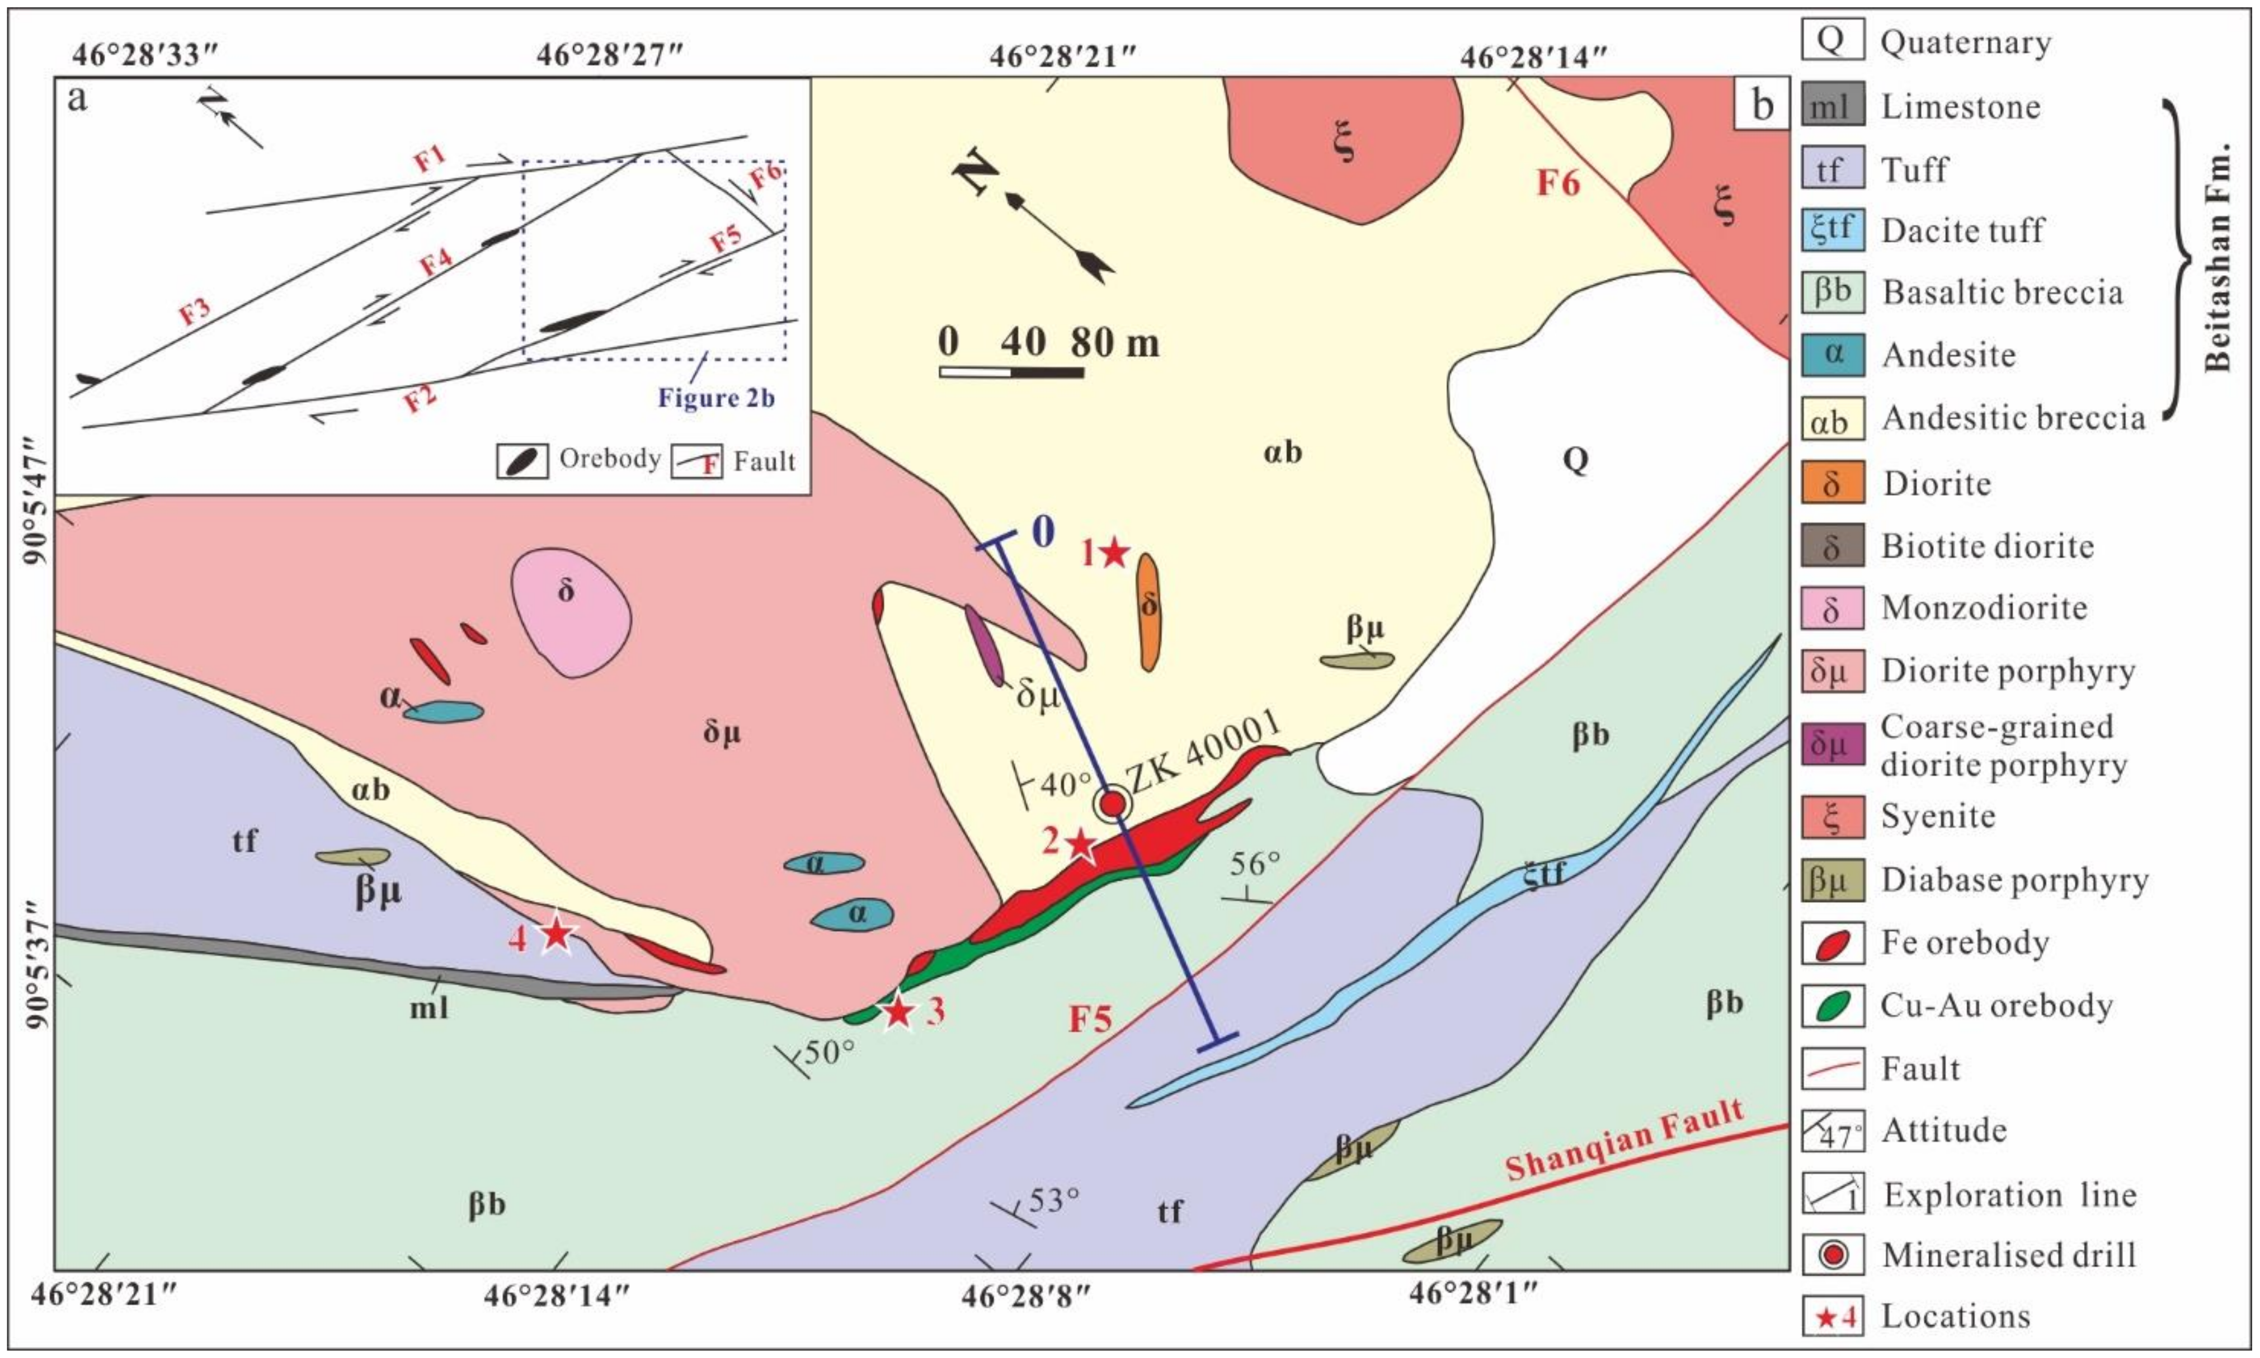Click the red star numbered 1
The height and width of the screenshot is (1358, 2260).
[x=1114, y=553]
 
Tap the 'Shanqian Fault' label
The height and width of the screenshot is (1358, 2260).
[x=1624, y=1140]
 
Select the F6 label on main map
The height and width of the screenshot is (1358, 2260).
[x=1557, y=183]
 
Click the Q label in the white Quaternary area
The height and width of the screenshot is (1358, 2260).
[x=1575, y=459]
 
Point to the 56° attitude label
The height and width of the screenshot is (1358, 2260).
[x=1254, y=864]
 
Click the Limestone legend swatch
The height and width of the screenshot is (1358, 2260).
[x=1832, y=107]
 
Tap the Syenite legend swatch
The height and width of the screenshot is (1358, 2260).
[x=1832, y=816]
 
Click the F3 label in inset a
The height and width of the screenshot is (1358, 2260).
[x=194, y=311]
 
